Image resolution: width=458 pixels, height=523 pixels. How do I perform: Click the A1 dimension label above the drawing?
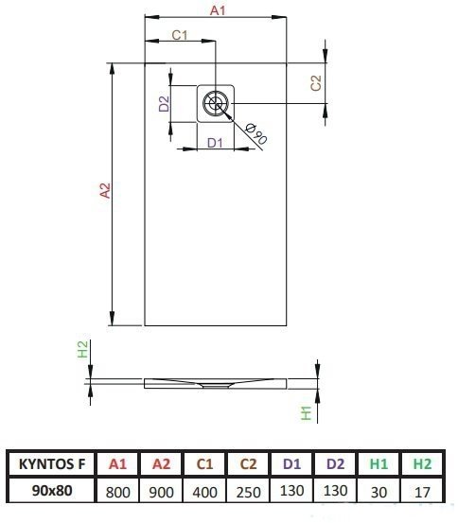(218, 10)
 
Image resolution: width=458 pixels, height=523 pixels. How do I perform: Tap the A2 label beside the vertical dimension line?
(105, 190)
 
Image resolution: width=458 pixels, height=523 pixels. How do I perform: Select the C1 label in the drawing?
(180, 35)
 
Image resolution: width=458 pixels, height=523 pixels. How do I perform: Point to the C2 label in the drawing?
(316, 83)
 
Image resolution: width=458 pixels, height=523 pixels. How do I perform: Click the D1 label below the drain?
(215, 143)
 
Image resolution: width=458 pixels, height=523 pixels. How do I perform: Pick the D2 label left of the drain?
(164, 103)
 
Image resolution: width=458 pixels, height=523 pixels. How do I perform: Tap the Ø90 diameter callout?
(256, 134)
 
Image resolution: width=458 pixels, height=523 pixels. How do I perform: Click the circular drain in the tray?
(216, 103)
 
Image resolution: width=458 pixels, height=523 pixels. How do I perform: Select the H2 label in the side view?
(82, 349)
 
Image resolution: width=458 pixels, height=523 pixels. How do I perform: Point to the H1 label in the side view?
(306, 413)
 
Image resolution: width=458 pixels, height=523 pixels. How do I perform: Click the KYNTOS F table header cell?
(52, 464)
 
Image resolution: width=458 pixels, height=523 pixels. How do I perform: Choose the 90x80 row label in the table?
(52, 490)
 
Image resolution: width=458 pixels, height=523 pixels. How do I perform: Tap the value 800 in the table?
(118, 493)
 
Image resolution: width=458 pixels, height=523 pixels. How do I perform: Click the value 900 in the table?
(161, 493)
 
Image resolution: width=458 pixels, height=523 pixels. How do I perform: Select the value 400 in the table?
(204, 493)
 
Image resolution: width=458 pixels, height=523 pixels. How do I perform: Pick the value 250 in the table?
(248, 493)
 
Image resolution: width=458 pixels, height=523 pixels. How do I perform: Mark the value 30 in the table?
(379, 493)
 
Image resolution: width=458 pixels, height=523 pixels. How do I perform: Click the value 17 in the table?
(422, 493)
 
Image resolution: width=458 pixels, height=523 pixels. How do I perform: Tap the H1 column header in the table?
(379, 464)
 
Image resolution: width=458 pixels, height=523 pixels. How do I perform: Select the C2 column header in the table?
(248, 464)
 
